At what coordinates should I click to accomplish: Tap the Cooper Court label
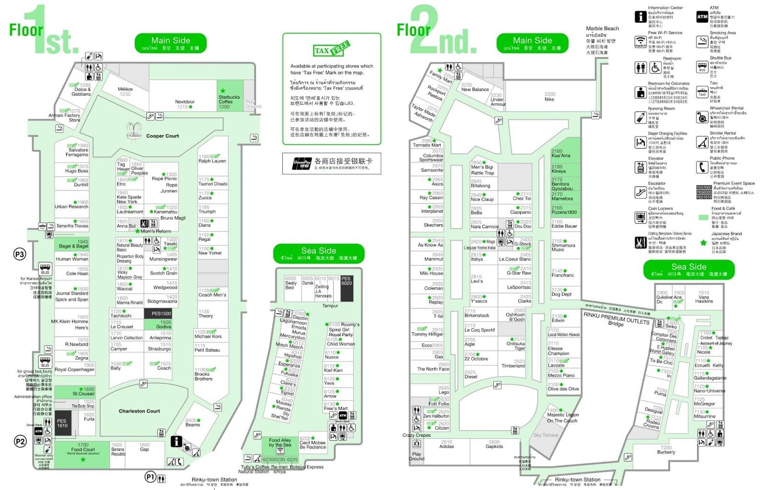tap(162, 136)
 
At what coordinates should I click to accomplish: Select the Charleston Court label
tap(139, 411)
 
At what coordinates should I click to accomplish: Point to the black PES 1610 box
tap(62, 423)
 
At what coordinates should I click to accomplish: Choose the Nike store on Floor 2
tap(549, 97)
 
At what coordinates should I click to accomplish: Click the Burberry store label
tap(666, 450)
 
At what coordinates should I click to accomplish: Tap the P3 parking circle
tap(20, 254)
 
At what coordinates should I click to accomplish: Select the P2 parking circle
tap(20, 442)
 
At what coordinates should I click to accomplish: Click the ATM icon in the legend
tap(702, 17)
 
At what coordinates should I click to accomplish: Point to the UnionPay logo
tap(302, 164)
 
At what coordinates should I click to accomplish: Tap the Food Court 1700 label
tap(83, 447)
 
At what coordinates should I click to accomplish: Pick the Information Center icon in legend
tap(640, 17)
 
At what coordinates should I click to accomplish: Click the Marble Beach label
tap(602, 29)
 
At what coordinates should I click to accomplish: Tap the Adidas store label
tap(446, 444)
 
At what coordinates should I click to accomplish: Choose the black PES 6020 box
tap(347, 287)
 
